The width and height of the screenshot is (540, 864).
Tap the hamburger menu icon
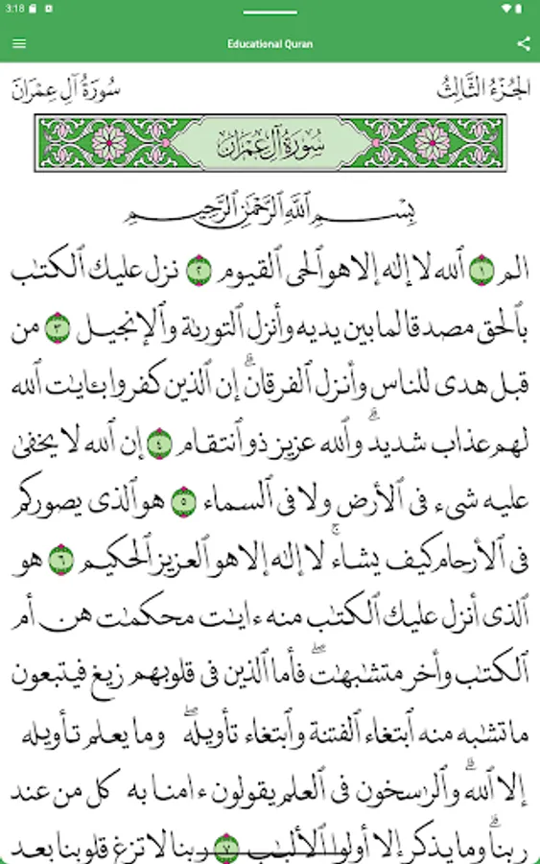19,43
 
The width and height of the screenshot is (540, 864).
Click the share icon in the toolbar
523,43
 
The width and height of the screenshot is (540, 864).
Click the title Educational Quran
270,43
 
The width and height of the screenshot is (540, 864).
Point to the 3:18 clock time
14,8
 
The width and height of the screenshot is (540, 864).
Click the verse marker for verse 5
179,500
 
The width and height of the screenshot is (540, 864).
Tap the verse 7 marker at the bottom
226,847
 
